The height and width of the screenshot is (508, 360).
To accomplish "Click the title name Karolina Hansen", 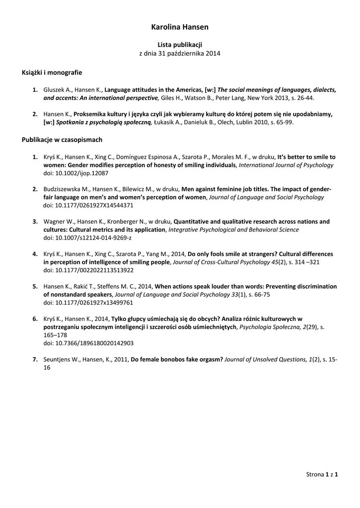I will pos(180,27).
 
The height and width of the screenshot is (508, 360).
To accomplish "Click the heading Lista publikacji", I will pos(180,45).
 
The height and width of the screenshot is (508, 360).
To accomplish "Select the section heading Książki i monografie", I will pos(52,72).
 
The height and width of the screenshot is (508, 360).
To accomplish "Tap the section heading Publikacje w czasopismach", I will pos(62,140).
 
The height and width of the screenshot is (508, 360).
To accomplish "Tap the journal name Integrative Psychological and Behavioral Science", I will pos(233,230).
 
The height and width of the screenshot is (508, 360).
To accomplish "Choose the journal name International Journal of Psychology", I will pos(286,165).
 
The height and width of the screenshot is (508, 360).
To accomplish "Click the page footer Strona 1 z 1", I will pos(322,475).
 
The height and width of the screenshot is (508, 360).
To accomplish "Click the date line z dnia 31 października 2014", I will pos(180,53).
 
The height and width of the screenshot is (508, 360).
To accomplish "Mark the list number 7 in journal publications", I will pos(35,359).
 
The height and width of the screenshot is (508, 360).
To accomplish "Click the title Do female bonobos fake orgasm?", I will pos(177,359).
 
